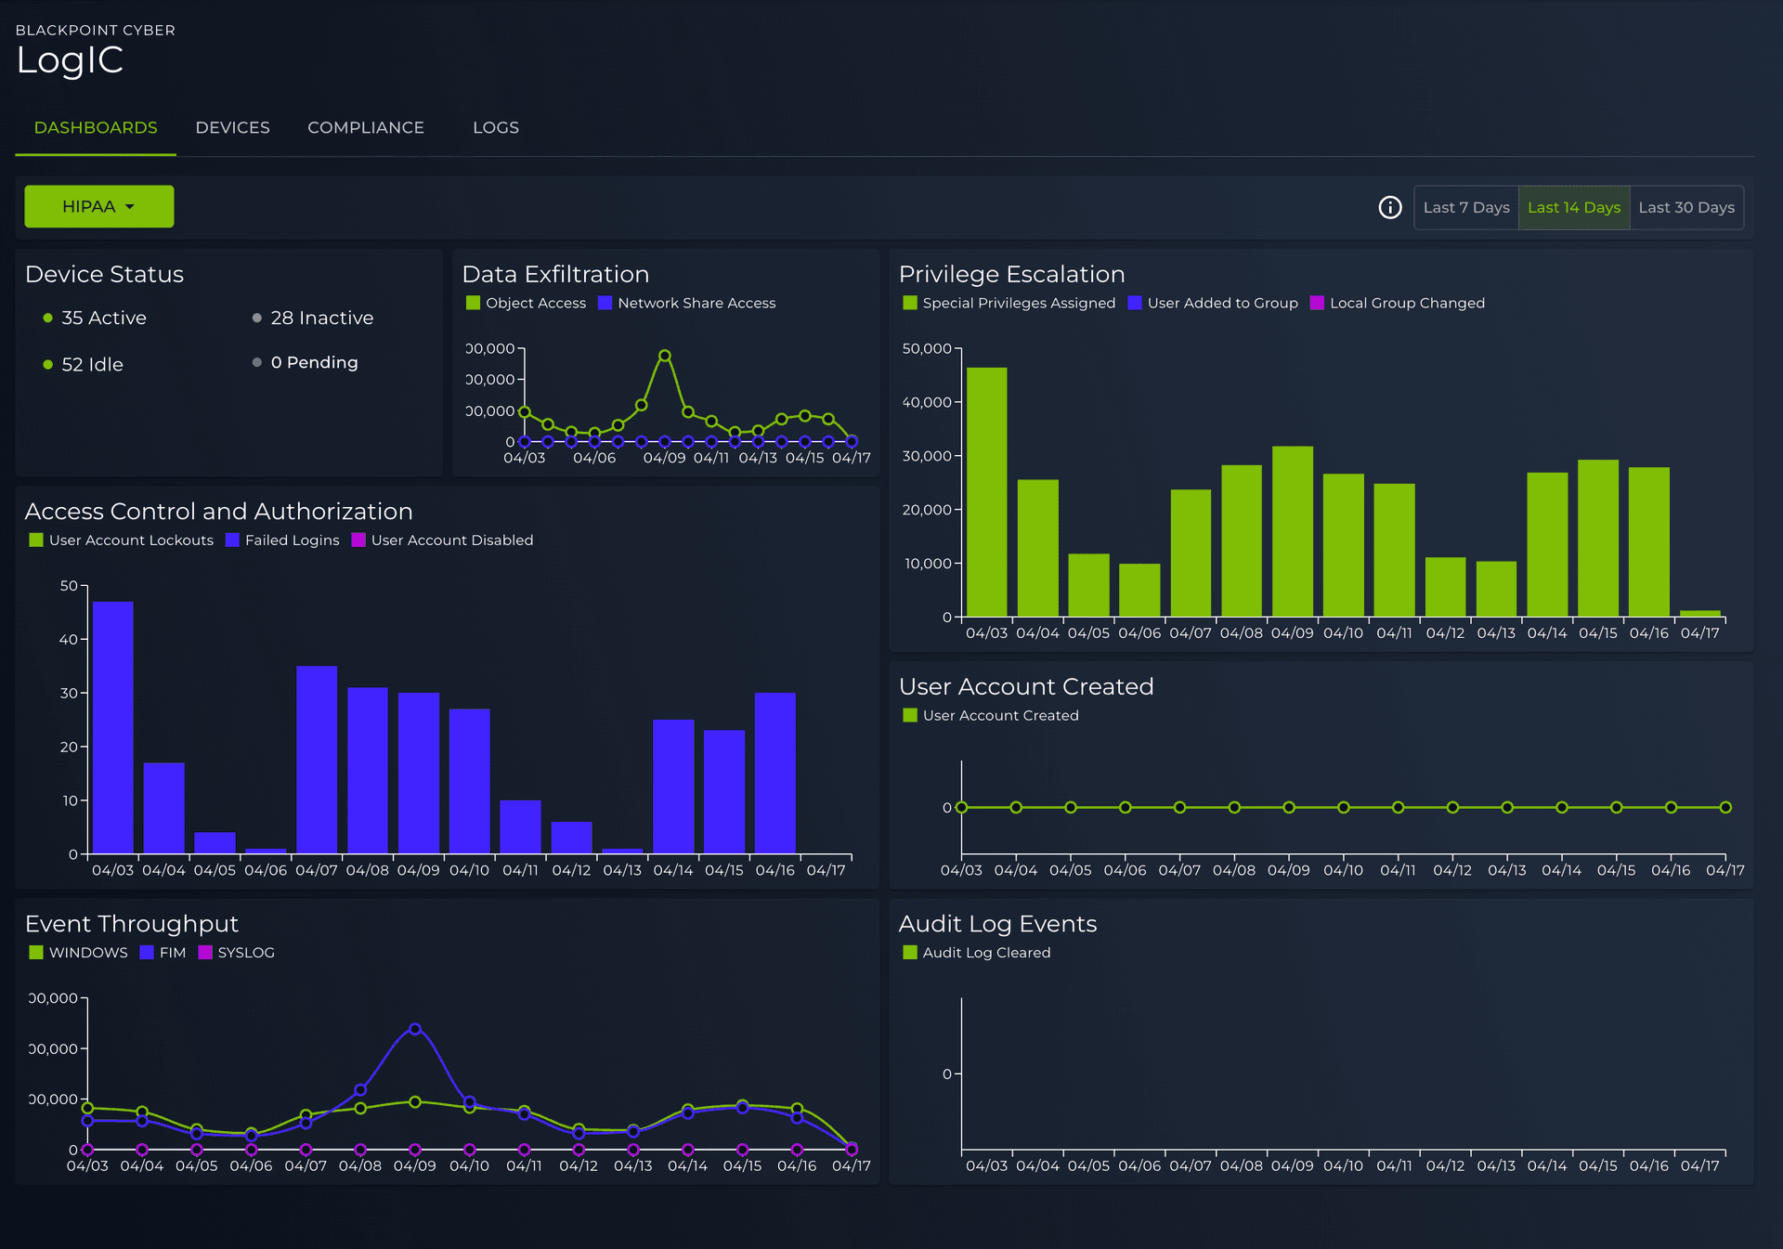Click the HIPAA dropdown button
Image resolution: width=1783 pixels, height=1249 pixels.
(98, 206)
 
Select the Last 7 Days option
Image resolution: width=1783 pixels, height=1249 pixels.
(1465, 207)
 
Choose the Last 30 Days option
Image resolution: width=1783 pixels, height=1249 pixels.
(1685, 207)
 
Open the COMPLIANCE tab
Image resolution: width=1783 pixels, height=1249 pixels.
(365, 127)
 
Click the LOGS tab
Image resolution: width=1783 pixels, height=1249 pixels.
(495, 127)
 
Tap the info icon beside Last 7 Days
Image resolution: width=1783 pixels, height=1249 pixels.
(1389, 207)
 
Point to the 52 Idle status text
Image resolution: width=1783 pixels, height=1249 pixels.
(92, 364)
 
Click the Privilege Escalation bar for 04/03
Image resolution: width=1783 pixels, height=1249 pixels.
(986, 492)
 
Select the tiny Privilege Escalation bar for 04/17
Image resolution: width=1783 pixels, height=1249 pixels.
(1699, 613)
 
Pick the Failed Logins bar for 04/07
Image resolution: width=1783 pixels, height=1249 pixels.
(317, 760)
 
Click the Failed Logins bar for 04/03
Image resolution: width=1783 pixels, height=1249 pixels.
(113, 727)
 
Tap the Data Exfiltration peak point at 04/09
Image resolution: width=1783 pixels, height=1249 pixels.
(665, 356)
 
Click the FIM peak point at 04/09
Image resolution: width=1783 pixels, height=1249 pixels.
(415, 1029)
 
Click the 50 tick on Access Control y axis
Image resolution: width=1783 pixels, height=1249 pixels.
(69, 586)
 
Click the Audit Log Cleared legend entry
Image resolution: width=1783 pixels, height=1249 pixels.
(985, 952)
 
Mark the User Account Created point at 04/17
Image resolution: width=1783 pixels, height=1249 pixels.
(1724, 807)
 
